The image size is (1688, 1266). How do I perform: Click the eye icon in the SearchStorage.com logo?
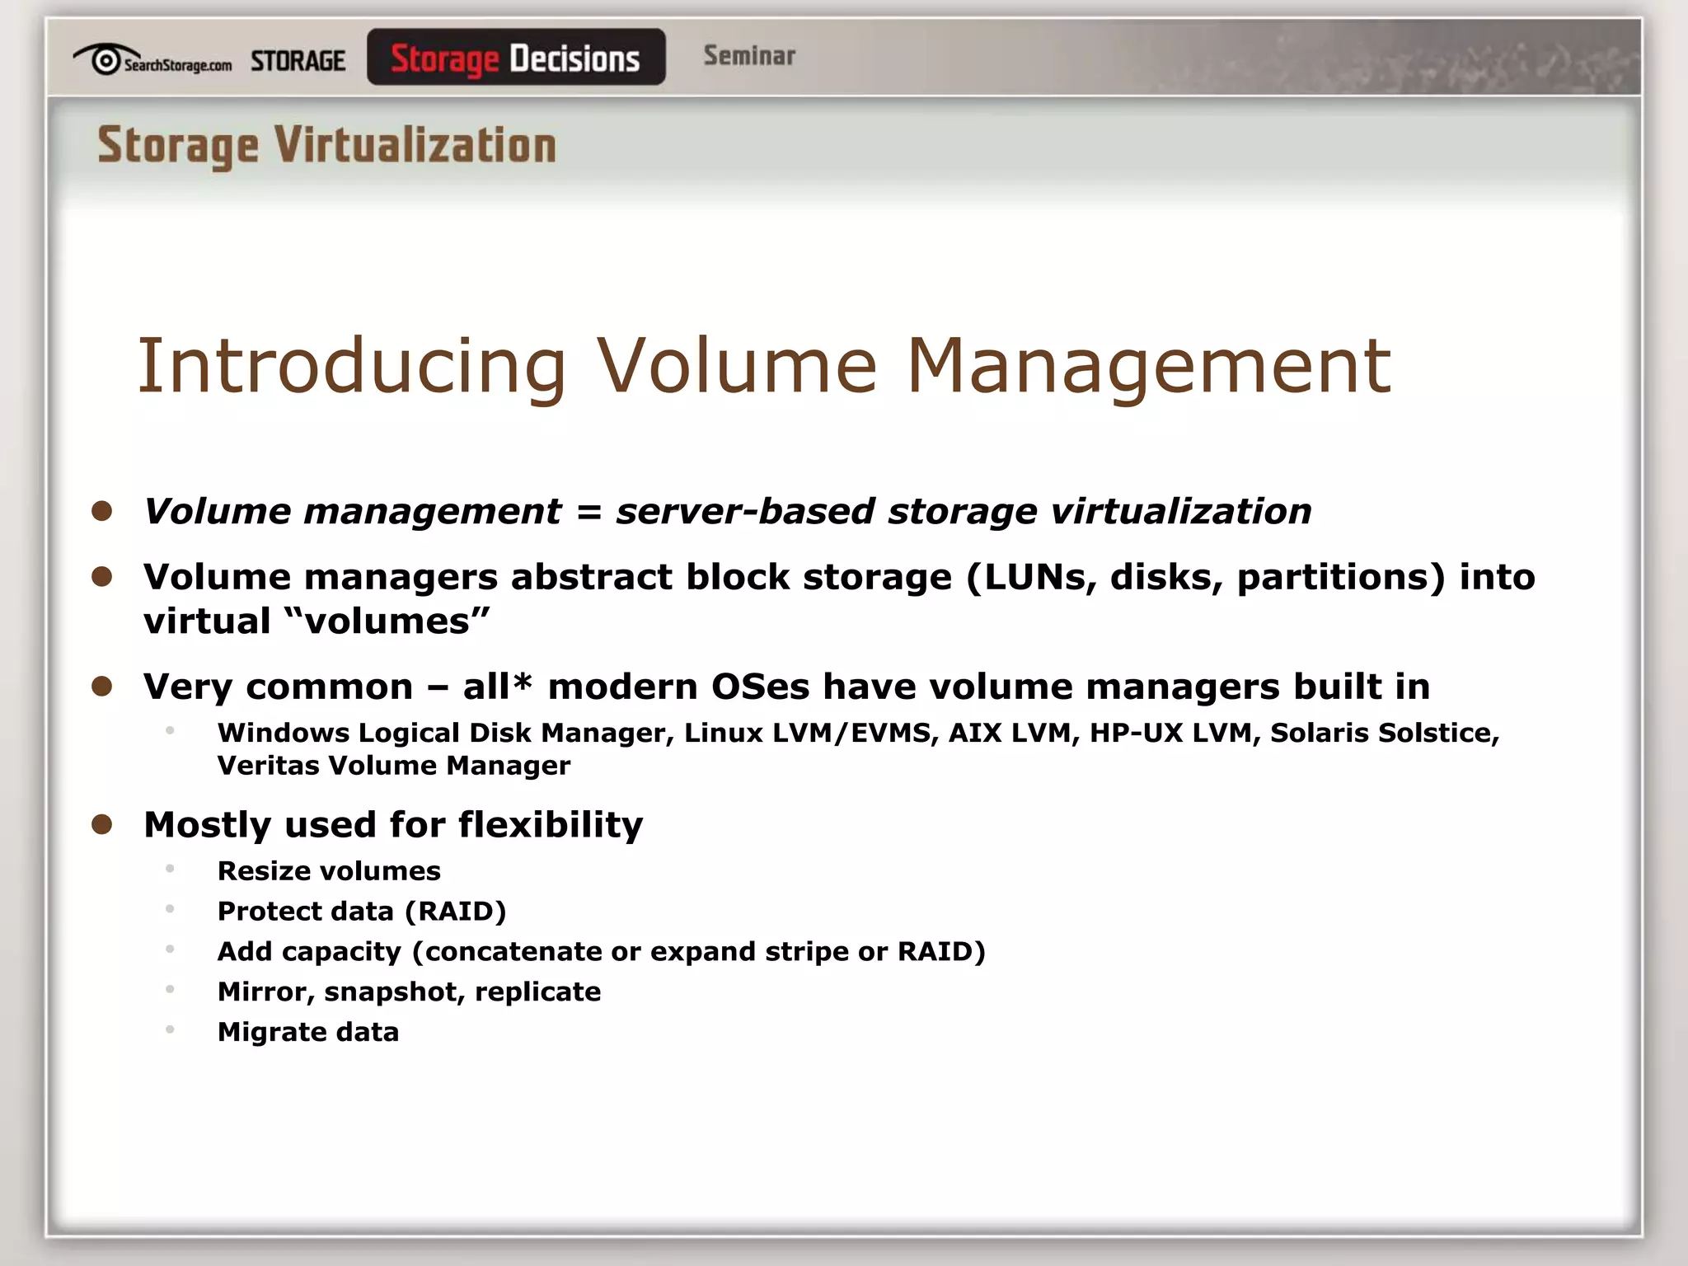pyautogui.click(x=105, y=60)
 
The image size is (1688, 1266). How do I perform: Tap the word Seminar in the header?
pyautogui.click(x=749, y=56)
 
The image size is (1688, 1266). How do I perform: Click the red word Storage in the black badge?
pyautogui.click(x=444, y=59)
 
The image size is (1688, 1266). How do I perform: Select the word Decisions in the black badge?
pyautogui.click(x=574, y=59)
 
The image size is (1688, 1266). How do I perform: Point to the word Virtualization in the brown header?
pyautogui.click(x=415, y=146)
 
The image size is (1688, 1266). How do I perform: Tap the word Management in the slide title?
pyautogui.click(x=1149, y=366)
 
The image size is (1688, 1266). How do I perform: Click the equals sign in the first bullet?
pyautogui.click(x=588, y=512)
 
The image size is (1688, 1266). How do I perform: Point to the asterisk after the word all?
pyautogui.click(x=522, y=682)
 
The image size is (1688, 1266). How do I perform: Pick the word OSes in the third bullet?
pyautogui.click(x=760, y=687)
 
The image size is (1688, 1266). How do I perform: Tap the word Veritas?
pyautogui.click(x=269, y=766)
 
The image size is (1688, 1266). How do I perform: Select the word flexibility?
pyautogui.click(x=550, y=824)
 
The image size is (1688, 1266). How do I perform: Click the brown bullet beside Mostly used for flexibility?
pyautogui.click(x=102, y=824)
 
